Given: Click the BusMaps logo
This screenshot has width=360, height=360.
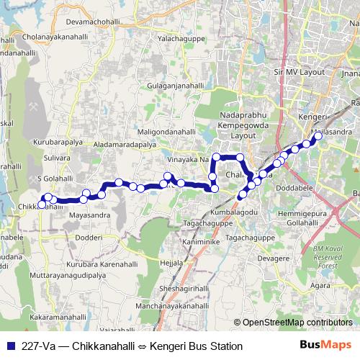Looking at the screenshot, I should coord(325,346).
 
